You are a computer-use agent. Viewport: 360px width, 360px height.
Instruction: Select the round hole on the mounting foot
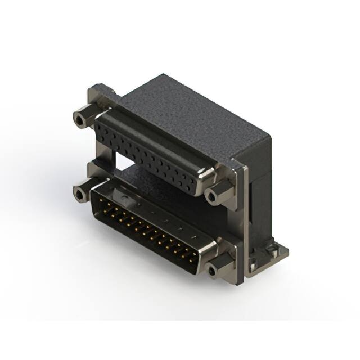[274, 247]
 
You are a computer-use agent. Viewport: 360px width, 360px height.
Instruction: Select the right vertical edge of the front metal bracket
[242, 225]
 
